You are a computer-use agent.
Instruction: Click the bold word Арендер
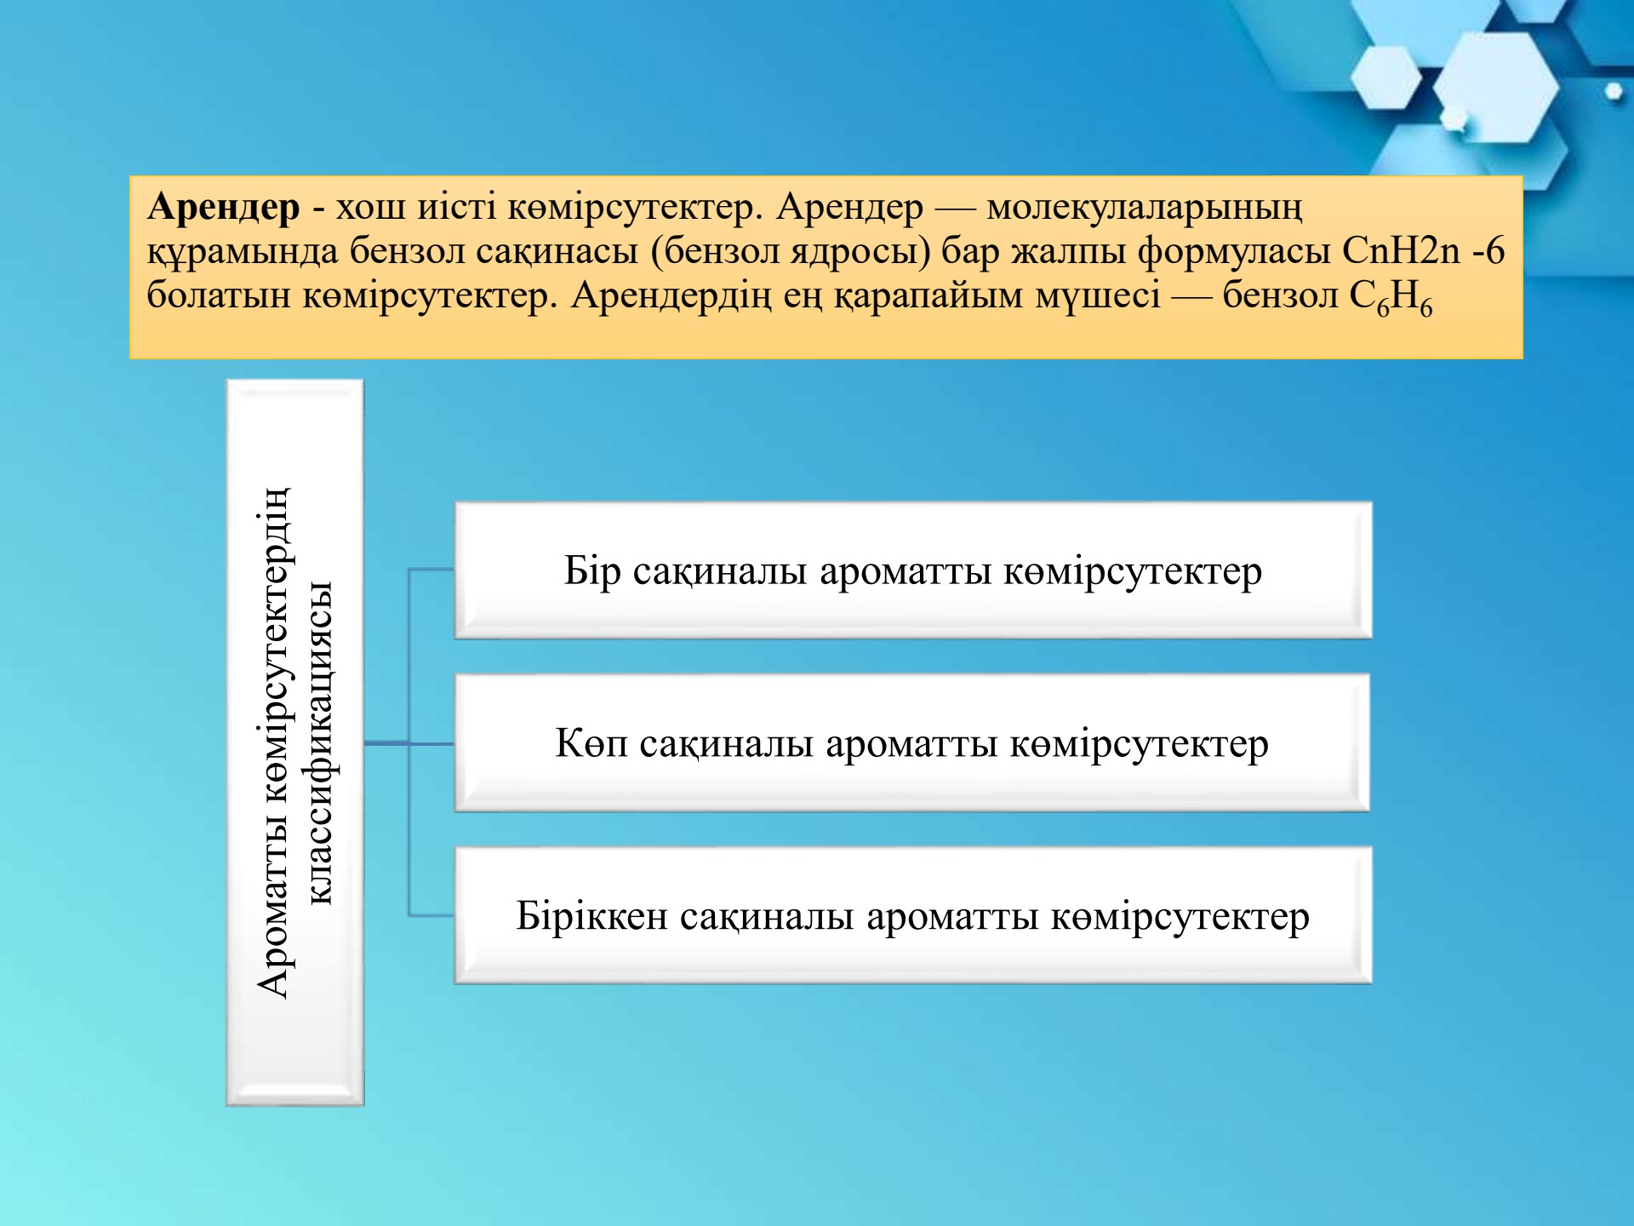224,208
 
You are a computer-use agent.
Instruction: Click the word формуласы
1235,252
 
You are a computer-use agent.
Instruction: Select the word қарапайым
929,297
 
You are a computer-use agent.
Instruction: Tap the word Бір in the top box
592,571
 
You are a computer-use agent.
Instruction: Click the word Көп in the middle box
591,744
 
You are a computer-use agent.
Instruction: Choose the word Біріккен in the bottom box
591,917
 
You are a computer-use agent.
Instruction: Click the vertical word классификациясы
320,742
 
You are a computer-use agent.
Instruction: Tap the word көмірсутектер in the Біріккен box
1180,917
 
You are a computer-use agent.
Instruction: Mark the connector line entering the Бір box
431,570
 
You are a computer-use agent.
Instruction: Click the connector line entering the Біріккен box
431,916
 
